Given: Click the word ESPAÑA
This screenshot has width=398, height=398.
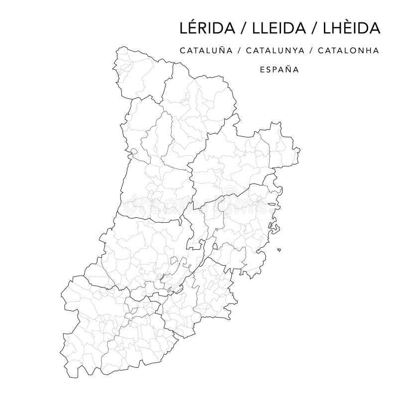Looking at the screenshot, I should (x=279, y=70).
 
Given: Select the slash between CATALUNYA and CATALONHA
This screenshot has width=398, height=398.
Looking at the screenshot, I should (x=316, y=50).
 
